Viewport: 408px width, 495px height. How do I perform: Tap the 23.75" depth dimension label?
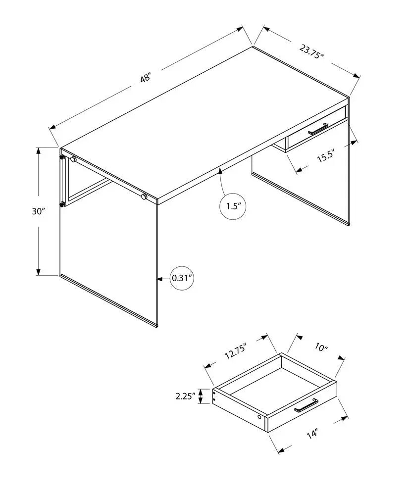point(311,51)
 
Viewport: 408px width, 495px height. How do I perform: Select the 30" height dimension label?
point(38,211)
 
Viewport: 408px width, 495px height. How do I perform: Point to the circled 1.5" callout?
point(233,205)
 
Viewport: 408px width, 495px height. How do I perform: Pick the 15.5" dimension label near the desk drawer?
point(326,157)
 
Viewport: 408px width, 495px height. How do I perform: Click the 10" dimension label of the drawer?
point(321,348)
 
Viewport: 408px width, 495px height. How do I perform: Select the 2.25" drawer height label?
point(184,396)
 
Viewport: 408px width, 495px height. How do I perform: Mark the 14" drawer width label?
point(311,435)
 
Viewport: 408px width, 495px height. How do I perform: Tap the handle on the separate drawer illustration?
point(306,406)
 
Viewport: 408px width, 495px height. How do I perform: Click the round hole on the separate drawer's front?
point(260,419)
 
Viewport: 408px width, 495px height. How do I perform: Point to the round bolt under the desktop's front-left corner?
point(73,159)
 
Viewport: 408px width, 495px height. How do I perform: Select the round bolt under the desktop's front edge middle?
point(144,197)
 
